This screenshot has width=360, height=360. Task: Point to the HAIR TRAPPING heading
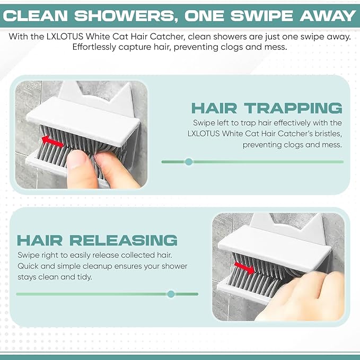tap(267, 108)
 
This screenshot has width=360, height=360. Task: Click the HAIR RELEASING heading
tap(97, 240)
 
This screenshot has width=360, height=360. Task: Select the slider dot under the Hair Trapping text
tap(189, 162)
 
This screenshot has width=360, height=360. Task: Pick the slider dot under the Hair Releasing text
tap(171, 294)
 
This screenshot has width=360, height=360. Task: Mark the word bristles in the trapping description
tap(328, 134)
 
